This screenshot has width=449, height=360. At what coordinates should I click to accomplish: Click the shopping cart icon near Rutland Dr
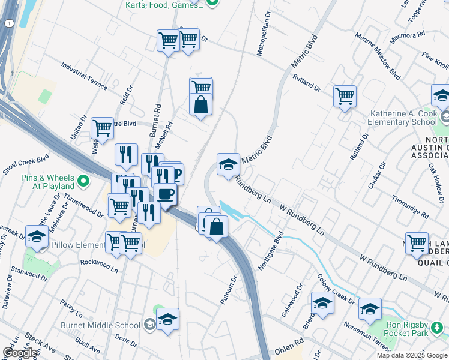pos(345,96)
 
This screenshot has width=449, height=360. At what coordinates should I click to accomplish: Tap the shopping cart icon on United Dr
pos(102,128)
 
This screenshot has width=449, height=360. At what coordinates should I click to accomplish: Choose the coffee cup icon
pos(165,194)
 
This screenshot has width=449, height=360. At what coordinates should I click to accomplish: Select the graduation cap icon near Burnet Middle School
pos(168,318)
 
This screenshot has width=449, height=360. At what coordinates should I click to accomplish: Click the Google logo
pos(20,353)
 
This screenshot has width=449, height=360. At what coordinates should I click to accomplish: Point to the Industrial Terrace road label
pos(84,76)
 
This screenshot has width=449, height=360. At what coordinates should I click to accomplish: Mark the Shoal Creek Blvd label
pos(25,165)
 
